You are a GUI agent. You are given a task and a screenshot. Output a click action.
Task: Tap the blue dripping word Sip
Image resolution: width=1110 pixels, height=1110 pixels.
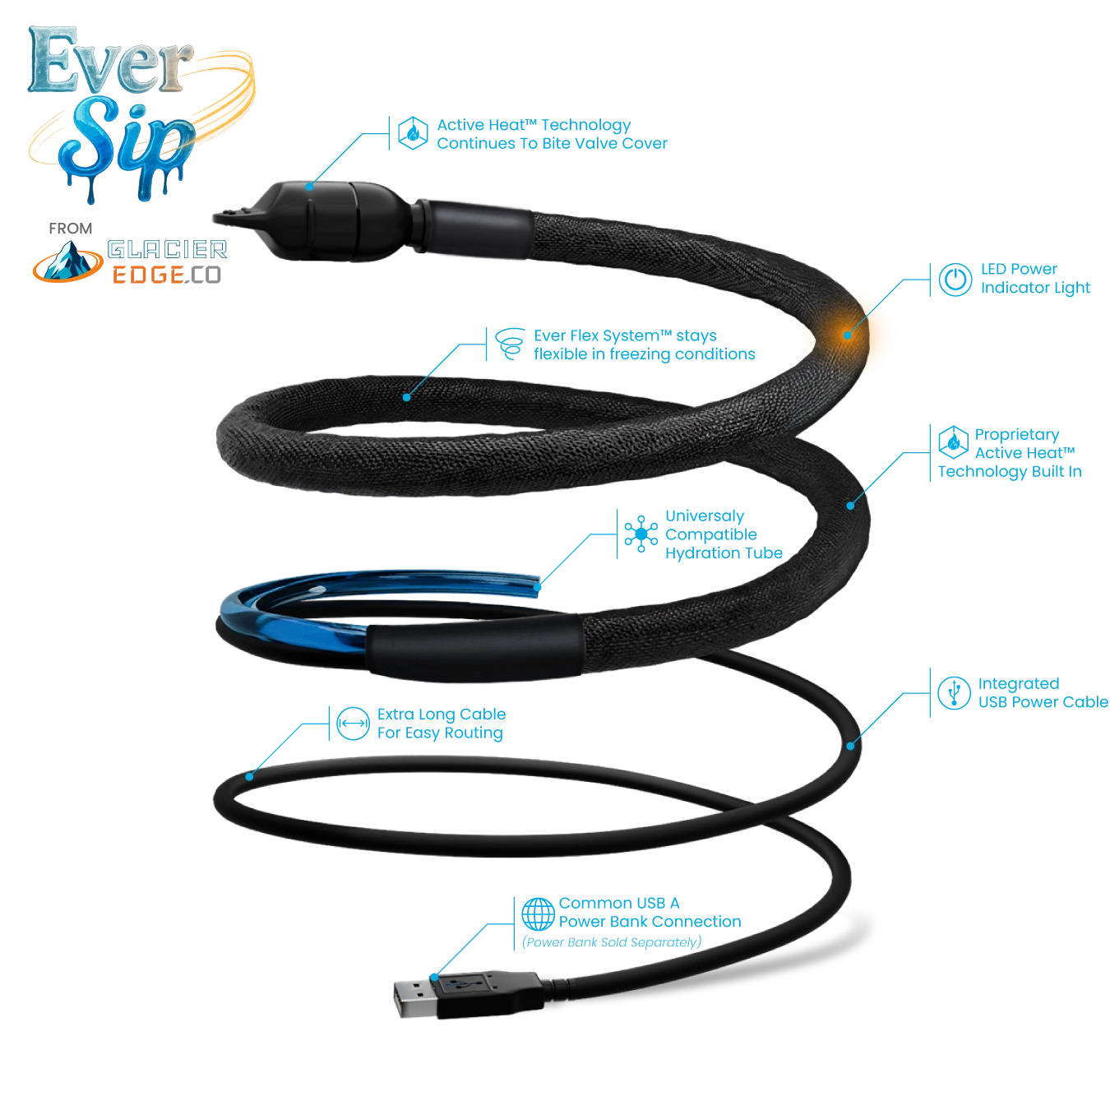pos(123,140)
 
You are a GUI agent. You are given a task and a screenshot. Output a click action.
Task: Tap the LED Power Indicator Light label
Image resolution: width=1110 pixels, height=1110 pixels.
pos(1034,280)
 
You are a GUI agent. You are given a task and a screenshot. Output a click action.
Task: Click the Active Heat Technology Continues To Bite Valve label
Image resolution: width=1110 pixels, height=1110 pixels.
pos(551,135)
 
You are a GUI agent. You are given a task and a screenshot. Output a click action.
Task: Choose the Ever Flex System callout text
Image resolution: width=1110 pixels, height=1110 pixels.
pos(643,345)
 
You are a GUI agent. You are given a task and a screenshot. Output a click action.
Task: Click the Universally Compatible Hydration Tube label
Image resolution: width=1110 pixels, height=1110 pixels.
pos(721,535)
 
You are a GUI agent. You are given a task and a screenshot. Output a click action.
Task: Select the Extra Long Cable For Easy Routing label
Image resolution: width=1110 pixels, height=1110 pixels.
pos(440,724)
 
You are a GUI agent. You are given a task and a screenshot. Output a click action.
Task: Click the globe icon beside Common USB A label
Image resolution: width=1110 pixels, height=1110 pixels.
pos(539,913)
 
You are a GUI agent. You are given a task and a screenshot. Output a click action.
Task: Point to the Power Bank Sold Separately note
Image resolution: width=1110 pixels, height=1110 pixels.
pos(613,941)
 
